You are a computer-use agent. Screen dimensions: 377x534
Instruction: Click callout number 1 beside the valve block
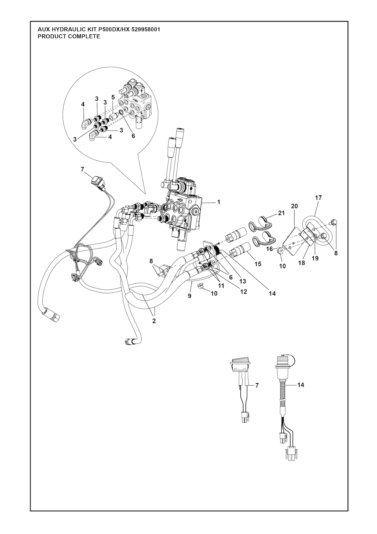pyautogui.click(x=218, y=202)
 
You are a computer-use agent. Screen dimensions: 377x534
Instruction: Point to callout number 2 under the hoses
pyautogui.click(x=154, y=320)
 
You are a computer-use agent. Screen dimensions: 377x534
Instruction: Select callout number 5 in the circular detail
pyautogui.click(x=113, y=97)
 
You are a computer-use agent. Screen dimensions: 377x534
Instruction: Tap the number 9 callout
pyautogui.click(x=190, y=296)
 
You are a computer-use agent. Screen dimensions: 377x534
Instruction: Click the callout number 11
pyautogui.click(x=221, y=286)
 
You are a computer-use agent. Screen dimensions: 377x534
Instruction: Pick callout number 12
pyautogui.click(x=243, y=291)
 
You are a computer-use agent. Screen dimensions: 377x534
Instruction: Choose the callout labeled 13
pyautogui.click(x=243, y=281)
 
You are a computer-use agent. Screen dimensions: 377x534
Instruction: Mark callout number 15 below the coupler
pyautogui.click(x=258, y=264)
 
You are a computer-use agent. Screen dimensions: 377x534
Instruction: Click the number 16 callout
pyautogui.click(x=269, y=249)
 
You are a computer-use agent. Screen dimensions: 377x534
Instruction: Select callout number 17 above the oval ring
pyautogui.click(x=318, y=198)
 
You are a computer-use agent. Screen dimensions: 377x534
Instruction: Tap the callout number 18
pyautogui.click(x=302, y=263)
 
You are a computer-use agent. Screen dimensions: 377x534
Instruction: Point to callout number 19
pyautogui.click(x=315, y=259)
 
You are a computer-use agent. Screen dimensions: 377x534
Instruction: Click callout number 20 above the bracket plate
pyautogui.click(x=295, y=206)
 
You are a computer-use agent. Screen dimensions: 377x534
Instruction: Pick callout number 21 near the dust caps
pyautogui.click(x=281, y=213)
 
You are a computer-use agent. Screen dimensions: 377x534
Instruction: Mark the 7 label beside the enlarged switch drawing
pyautogui.click(x=257, y=385)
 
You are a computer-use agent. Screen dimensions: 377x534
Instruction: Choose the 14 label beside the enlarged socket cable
pyautogui.click(x=301, y=385)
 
